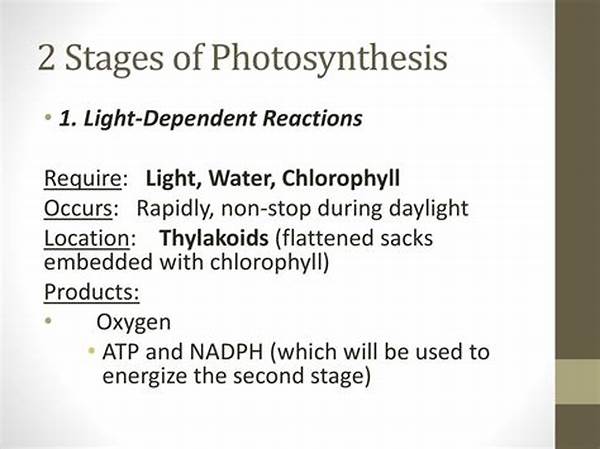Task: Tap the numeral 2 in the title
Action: click(48, 57)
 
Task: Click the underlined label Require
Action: click(84, 179)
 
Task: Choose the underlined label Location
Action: click(88, 240)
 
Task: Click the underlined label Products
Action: click(91, 293)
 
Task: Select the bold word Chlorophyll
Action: click(341, 179)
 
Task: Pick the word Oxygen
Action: click(132, 322)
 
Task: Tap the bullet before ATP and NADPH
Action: click(92, 351)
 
